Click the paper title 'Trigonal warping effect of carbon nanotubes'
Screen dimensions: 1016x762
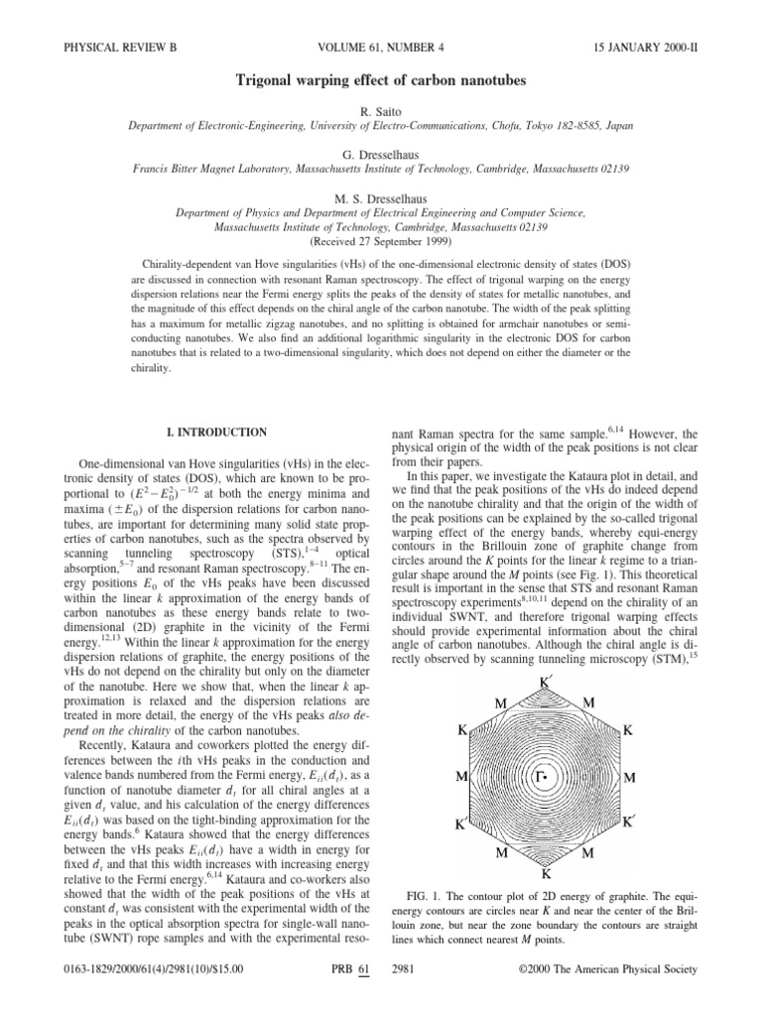point(380,79)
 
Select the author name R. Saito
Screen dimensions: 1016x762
point(380,110)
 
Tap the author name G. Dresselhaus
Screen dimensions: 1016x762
point(380,153)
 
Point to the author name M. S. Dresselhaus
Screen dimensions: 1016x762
point(380,196)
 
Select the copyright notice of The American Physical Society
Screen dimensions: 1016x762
point(609,968)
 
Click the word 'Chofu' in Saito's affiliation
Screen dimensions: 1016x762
point(507,126)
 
